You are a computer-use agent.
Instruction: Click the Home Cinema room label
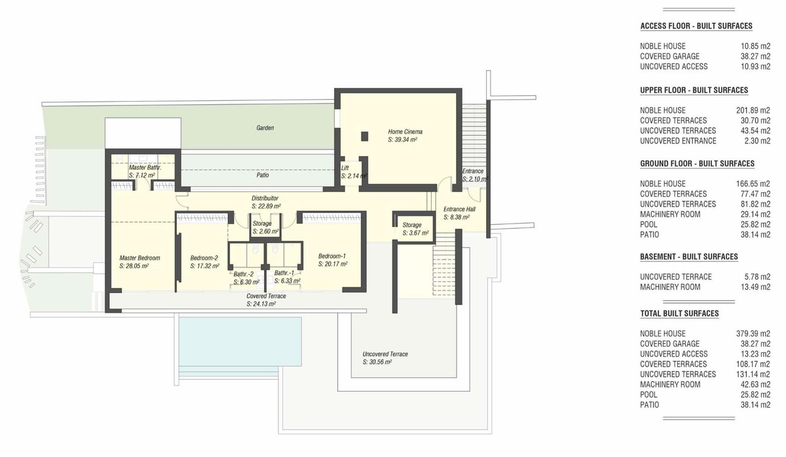[x=405, y=132]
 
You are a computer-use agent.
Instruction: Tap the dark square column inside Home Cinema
[x=365, y=136]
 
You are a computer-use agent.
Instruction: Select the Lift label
[x=345, y=169]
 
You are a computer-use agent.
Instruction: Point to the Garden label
[x=265, y=128]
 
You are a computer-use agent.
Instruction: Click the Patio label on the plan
[x=263, y=175]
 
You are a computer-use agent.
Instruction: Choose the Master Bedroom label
[x=140, y=258]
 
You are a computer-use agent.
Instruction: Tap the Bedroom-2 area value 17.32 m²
[x=204, y=266]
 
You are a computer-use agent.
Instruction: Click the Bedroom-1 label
[x=332, y=256]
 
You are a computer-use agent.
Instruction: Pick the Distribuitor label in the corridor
[x=265, y=198]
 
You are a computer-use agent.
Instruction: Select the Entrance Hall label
[x=459, y=209]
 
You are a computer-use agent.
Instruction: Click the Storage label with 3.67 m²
[x=412, y=225]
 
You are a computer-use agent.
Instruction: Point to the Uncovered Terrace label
[x=385, y=354]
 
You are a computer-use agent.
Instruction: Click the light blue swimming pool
[x=240, y=342]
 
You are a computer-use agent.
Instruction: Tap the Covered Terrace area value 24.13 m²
[x=261, y=304]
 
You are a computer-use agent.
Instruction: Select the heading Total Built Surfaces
[x=679, y=313]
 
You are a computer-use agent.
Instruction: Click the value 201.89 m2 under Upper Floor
[x=753, y=110]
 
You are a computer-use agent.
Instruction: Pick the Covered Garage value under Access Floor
[x=755, y=56]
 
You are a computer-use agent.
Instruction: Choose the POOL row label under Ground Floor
[x=648, y=224]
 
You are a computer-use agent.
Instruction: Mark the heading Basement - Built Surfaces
[x=689, y=257]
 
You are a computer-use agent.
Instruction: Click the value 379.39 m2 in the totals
[x=753, y=334]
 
